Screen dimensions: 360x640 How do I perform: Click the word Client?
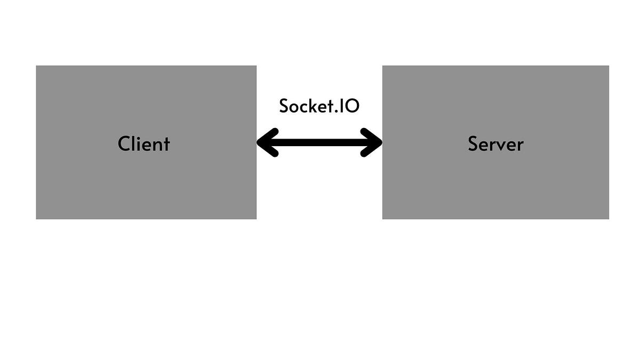[143, 143]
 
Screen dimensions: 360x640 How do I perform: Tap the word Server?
[495, 143]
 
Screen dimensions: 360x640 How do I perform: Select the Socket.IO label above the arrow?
[319, 106]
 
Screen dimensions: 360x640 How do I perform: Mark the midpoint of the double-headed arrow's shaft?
[319, 142]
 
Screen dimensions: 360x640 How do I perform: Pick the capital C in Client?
[124, 144]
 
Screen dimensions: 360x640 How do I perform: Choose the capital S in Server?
[474, 144]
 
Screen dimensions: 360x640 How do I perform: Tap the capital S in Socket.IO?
[284, 106]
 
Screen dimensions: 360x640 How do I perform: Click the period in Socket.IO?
[341, 111]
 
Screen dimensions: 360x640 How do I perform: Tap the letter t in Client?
[166, 144]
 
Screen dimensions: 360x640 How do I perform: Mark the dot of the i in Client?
[140, 137]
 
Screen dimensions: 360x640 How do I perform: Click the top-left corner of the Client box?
[36, 66]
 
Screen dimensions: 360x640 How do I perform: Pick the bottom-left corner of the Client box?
[36, 219]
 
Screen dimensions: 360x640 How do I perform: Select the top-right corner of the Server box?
[609, 66]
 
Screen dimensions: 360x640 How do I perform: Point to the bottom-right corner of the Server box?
[609, 219]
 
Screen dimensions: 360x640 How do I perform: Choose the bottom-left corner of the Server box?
[383, 219]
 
